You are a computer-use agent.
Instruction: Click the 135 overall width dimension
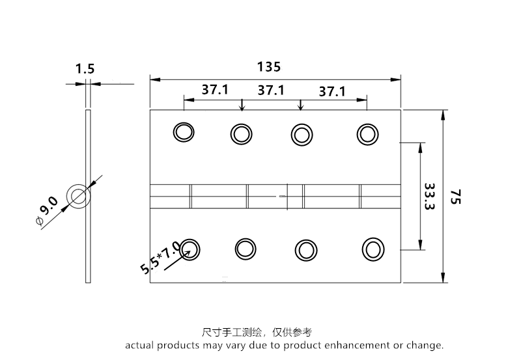(269, 66)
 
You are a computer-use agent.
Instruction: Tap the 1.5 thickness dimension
(85, 68)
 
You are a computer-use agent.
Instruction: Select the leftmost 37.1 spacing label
(214, 90)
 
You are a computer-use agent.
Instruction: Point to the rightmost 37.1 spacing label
(332, 91)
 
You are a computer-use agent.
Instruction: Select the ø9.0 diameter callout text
(48, 210)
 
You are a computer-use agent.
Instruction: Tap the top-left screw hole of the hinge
(184, 132)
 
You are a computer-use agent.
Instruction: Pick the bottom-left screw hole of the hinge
(190, 248)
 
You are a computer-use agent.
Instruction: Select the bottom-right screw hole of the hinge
(373, 249)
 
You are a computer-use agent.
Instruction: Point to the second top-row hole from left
(240, 134)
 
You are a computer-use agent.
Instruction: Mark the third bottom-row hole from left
(305, 250)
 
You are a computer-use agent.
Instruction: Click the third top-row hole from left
(300, 134)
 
